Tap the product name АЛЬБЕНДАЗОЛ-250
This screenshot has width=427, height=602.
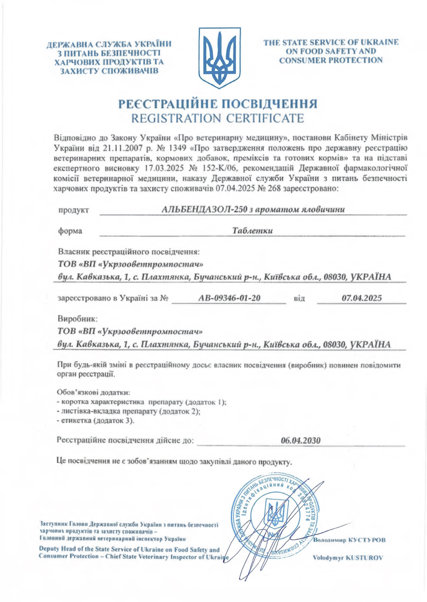(x=205, y=209)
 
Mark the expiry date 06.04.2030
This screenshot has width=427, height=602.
(x=301, y=440)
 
